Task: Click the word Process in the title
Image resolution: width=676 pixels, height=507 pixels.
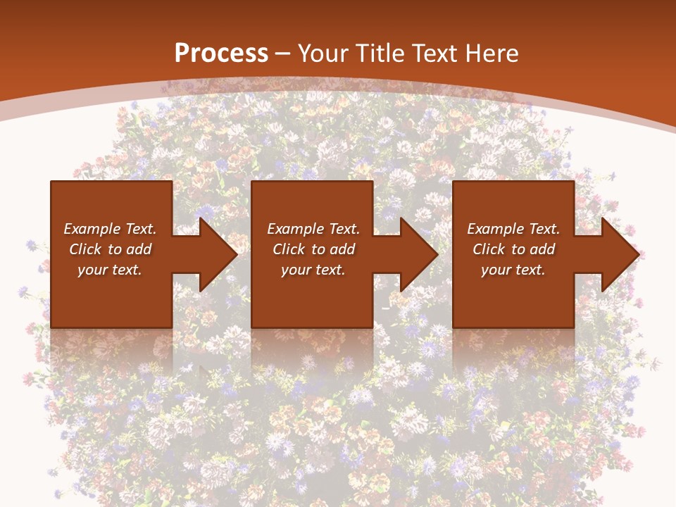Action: (221, 54)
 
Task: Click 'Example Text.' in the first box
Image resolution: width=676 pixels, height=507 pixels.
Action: (110, 229)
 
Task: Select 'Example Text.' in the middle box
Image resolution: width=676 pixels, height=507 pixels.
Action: (313, 229)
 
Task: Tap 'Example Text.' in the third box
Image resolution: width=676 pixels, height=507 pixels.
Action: (513, 229)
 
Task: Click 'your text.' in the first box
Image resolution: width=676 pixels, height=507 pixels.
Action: (110, 270)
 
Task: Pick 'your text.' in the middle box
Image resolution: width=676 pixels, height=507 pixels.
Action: (313, 270)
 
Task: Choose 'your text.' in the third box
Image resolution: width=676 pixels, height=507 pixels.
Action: (513, 270)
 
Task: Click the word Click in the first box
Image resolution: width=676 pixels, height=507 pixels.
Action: (86, 249)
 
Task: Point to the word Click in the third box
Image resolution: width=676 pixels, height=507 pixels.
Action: (489, 249)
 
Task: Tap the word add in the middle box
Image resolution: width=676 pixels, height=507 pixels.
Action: (342, 249)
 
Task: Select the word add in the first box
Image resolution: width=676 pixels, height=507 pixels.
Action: (139, 249)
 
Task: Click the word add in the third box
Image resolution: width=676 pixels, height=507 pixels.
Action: (542, 249)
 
